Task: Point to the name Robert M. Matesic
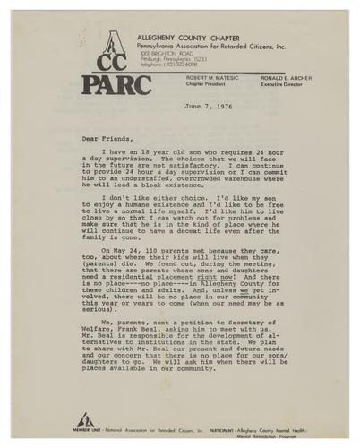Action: coord(211,79)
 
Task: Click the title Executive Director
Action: coord(283,85)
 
